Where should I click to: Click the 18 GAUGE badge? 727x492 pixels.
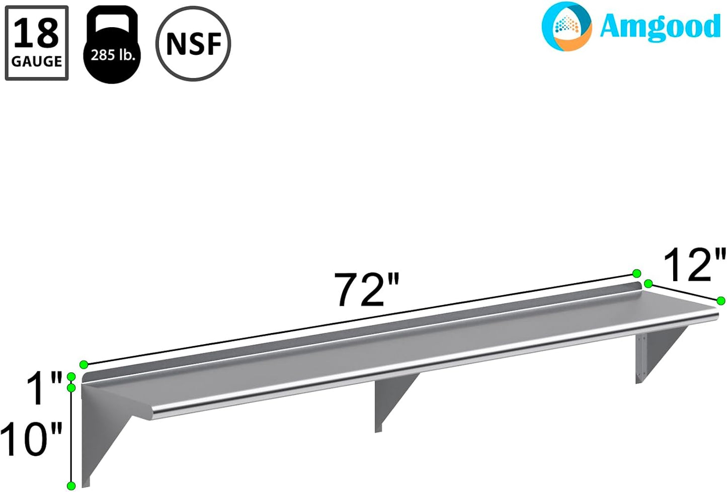37,43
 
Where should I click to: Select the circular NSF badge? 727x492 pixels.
193,44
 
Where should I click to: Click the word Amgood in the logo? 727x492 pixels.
660,27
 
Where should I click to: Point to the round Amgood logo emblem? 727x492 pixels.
567,26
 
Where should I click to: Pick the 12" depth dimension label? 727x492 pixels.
695,265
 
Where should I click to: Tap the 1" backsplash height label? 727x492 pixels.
45,388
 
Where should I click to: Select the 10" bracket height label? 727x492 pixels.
31,439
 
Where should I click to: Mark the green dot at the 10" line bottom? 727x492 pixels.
71,485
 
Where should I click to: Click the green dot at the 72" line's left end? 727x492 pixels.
84,364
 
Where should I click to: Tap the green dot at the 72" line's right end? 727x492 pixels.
636,274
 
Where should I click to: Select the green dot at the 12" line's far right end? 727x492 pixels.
721,301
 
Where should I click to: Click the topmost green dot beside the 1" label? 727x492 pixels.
71,377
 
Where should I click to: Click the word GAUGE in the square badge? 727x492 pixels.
37,61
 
